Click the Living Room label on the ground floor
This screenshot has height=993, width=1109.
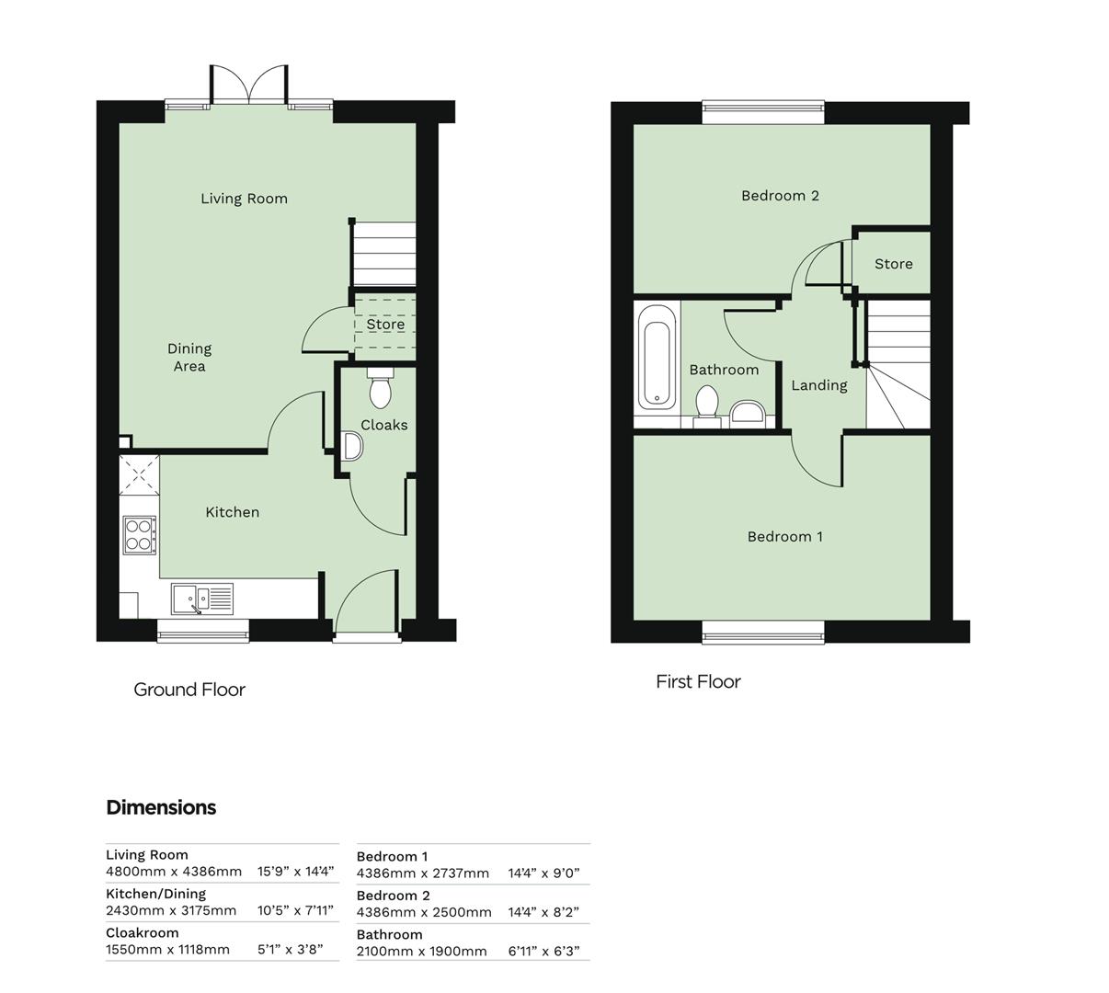coord(244,199)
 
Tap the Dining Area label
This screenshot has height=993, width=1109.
coord(189,357)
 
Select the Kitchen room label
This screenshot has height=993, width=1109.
coord(232,512)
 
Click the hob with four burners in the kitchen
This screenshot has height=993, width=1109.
coord(139,534)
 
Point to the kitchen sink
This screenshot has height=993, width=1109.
coord(202,599)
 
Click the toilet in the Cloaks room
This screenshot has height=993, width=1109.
coord(380,390)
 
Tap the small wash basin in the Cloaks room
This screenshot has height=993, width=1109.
coord(352,447)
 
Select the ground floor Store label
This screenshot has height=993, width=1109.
coord(385,325)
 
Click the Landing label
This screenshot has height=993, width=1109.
coord(818,385)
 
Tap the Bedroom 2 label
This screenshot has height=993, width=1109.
coord(780,195)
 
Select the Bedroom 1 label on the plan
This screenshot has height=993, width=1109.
coord(784,536)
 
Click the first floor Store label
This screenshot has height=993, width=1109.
coord(893,264)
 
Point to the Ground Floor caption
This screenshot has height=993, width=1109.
coord(189,690)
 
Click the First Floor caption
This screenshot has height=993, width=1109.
coord(698,681)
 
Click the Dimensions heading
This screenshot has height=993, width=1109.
coord(161,807)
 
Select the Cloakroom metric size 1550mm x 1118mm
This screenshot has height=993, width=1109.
coord(167,950)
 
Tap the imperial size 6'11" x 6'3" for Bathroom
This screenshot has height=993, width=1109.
coord(544,952)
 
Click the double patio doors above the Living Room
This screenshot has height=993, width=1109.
coord(248,85)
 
